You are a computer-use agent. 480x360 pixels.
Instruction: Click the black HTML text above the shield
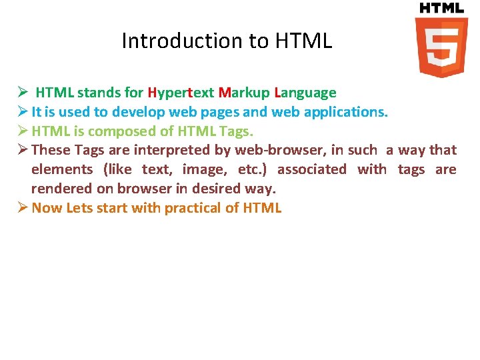[441, 8]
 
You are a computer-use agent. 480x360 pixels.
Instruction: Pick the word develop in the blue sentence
[136, 112]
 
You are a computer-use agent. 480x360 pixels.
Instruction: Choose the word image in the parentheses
[203, 169]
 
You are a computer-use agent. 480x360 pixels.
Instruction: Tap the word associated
[311, 169]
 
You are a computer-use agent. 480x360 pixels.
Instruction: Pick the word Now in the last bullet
[47, 208]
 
